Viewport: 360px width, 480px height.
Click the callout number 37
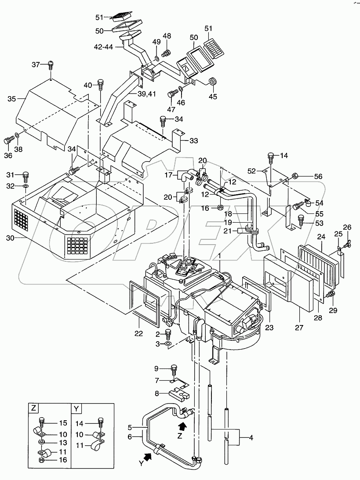click(36, 65)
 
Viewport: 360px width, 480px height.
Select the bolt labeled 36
click(8, 140)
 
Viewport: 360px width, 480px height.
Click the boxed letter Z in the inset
click(33, 408)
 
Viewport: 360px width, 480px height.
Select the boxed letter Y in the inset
click(76, 408)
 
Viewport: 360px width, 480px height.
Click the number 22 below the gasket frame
click(139, 334)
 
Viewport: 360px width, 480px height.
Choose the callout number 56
click(318, 177)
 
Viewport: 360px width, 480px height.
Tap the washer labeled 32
click(25, 187)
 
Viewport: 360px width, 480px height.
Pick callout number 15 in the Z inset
click(62, 423)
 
